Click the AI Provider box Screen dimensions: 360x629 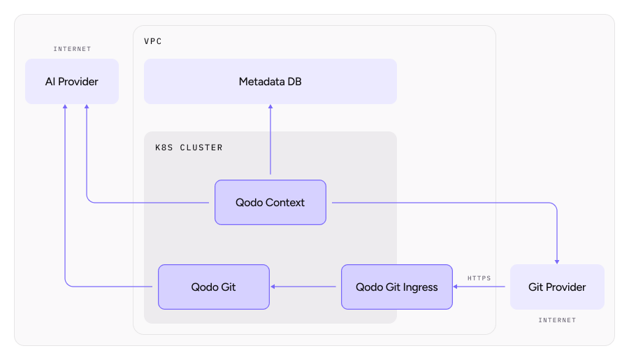[x=72, y=82]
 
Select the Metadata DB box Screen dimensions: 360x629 [x=270, y=82]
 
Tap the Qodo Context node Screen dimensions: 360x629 [x=270, y=203]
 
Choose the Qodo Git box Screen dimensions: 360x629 [x=213, y=287]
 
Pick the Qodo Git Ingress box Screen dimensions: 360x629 [x=396, y=287]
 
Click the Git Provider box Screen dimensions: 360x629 [x=557, y=287]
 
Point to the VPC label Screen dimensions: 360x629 [x=153, y=41]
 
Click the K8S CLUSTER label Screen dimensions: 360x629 [x=189, y=147]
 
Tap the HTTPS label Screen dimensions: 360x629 [x=479, y=278]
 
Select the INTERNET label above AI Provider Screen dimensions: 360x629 [x=72, y=49]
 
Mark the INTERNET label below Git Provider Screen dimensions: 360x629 [x=557, y=320]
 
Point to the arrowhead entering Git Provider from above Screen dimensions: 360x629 [x=557, y=261]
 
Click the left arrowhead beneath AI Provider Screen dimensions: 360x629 [x=65, y=108]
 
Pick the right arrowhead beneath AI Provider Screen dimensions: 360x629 [x=87, y=108]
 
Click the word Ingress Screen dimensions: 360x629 [x=419, y=287]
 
